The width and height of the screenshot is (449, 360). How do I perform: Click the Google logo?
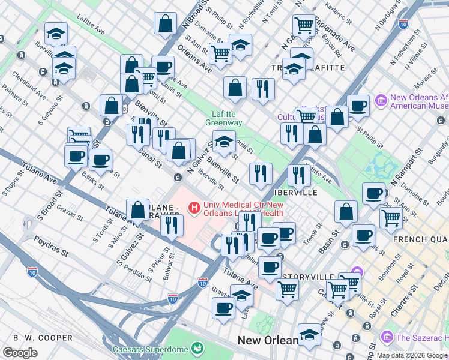coord(20,353)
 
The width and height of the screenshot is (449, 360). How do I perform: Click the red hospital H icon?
coord(194,208)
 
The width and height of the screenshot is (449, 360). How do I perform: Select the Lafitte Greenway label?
coord(226,118)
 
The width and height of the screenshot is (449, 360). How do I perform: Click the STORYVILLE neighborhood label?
coord(308,277)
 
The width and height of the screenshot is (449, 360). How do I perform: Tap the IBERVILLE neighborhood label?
coord(295,193)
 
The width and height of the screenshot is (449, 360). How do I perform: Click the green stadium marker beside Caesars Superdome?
coord(197,348)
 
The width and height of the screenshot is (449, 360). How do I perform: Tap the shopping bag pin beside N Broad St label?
coord(165,25)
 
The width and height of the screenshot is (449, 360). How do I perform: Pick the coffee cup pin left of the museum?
coord(358,106)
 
